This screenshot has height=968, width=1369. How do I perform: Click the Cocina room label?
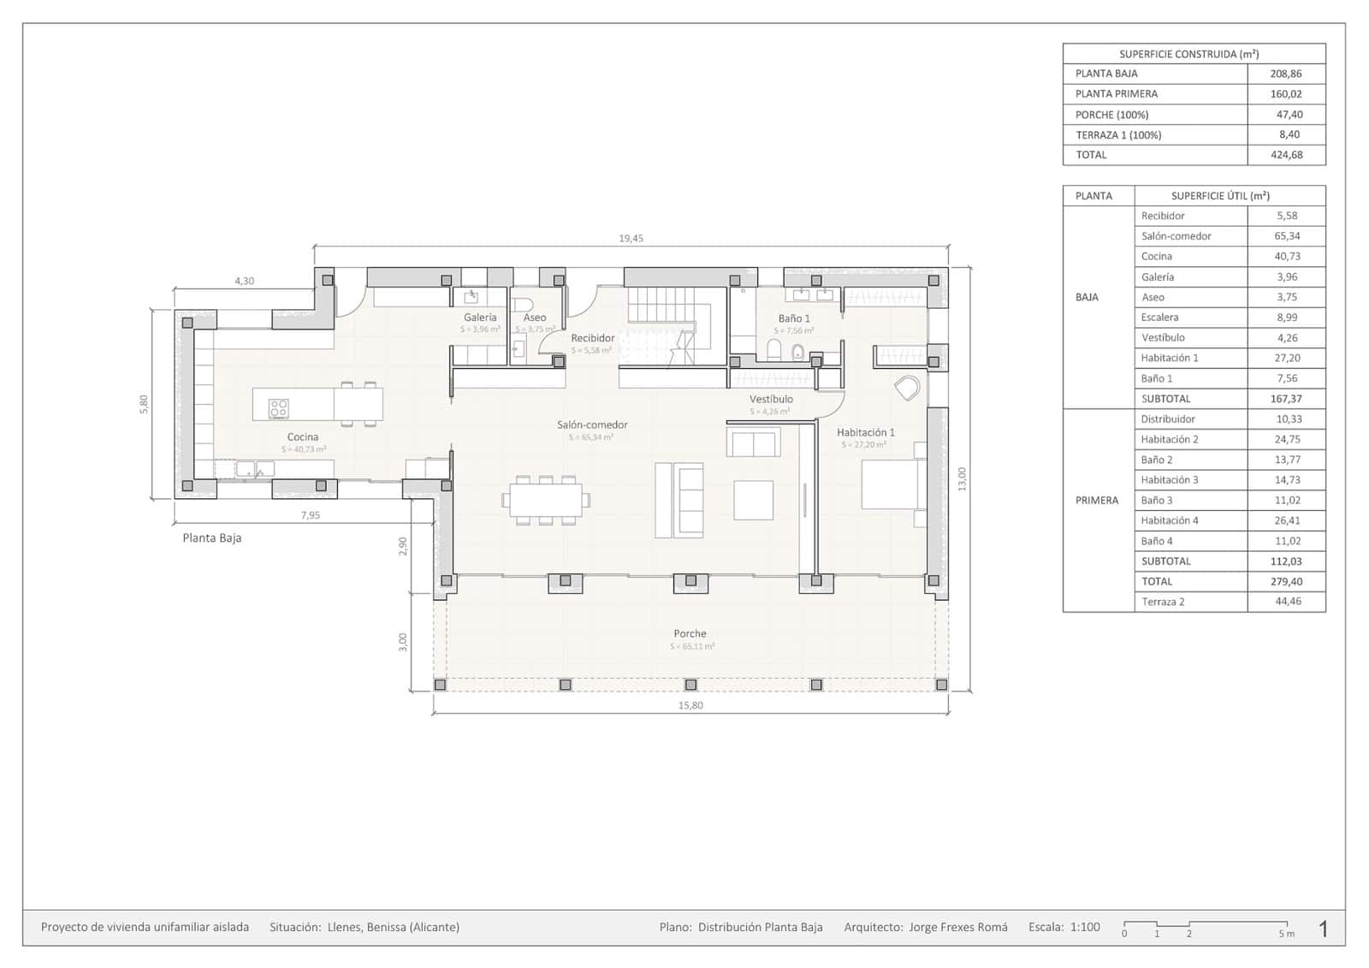(303, 436)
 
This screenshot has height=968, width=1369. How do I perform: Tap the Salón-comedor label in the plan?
(592, 425)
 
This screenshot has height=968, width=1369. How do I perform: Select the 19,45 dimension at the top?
(631, 238)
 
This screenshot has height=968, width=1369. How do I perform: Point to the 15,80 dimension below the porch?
(690, 705)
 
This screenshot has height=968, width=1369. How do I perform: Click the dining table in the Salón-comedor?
(546, 498)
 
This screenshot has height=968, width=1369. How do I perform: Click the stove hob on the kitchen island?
(279, 408)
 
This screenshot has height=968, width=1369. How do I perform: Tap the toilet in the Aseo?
(523, 305)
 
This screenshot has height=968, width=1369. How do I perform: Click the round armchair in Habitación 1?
(907, 388)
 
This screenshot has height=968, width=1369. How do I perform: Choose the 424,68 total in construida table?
(1286, 155)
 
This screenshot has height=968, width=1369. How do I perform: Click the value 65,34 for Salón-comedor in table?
(1286, 236)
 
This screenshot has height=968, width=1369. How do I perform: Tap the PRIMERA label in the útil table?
(1097, 500)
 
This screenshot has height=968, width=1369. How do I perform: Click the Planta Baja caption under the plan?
(212, 538)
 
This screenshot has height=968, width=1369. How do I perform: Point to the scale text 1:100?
(1085, 927)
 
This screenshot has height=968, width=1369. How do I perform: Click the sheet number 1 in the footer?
(1324, 929)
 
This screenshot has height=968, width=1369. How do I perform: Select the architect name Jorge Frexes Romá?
(957, 927)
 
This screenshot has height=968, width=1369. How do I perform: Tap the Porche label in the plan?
(690, 634)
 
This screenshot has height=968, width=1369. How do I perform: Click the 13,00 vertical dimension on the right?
(962, 478)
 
